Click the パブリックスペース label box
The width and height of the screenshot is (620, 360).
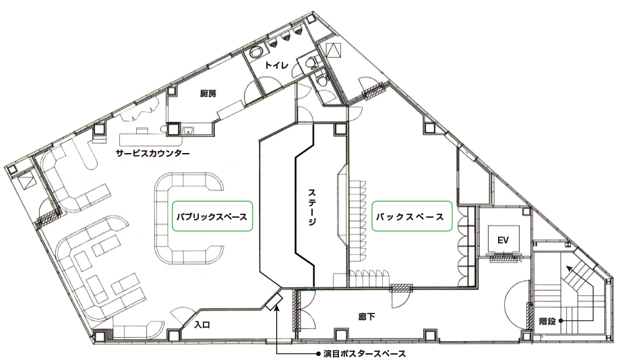point(212,216)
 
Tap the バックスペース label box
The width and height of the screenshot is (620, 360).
point(412,216)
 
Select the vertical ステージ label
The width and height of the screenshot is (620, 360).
point(312,207)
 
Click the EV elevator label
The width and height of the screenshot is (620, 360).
point(503,240)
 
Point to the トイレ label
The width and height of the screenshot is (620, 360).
point(277,65)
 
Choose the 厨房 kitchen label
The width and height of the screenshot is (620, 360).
point(208,94)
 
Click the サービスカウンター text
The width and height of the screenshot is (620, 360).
point(152,153)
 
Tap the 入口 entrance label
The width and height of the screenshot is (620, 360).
point(202,325)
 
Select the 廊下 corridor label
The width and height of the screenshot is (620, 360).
point(367,316)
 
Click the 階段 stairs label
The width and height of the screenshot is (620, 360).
point(548,321)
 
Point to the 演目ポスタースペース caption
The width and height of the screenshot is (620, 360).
point(365,353)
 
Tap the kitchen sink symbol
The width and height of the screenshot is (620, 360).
point(188,129)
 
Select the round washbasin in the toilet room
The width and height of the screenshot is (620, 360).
point(257,52)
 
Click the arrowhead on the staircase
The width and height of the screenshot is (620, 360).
point(569,270)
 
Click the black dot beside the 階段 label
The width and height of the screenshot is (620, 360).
point(561,321)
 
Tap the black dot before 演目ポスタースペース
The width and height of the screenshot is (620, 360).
point(318,353)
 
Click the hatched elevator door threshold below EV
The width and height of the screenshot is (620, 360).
point(505,259)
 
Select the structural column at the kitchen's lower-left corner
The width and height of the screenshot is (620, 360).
point(173,129)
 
